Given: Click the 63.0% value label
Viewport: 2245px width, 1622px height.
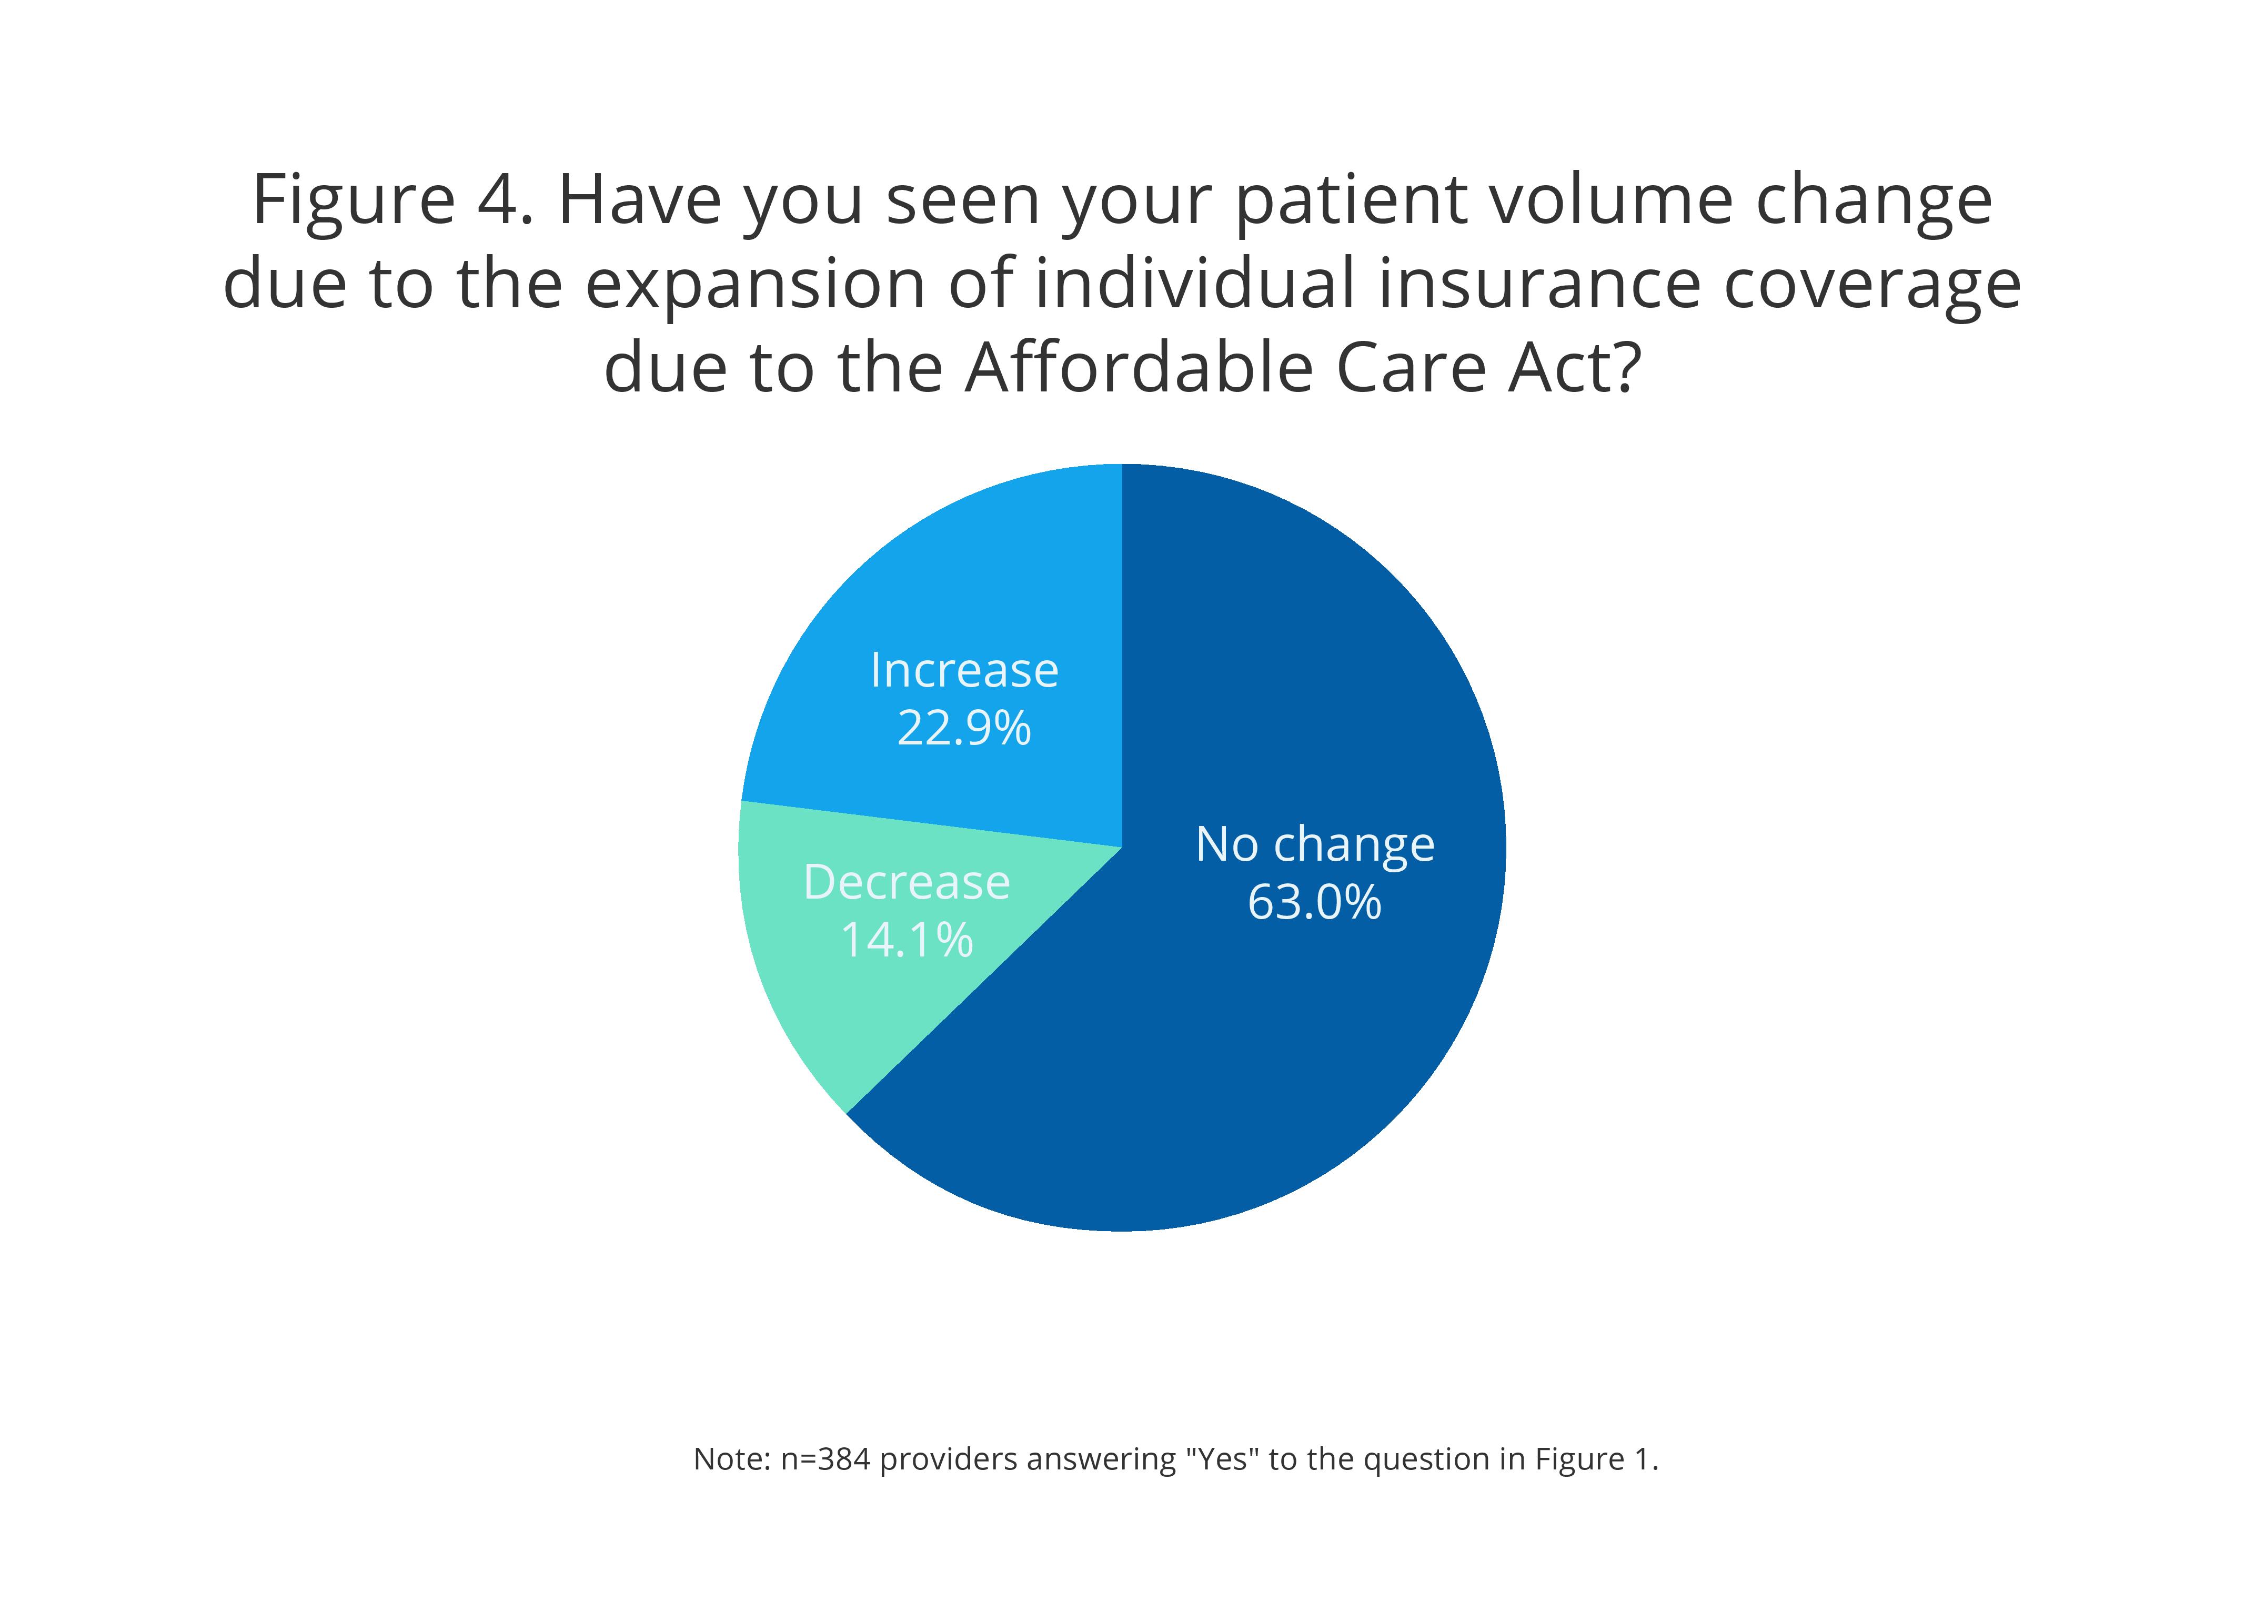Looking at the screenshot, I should (x=1314, y=902).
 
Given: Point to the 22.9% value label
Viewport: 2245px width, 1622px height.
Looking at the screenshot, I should (x=963, y=728).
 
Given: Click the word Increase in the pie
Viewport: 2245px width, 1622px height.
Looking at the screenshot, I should (x=964, y=671).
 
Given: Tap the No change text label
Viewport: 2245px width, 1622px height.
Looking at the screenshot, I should (x=1314, y=844).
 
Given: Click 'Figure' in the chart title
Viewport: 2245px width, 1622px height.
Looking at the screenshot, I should (x=354, y=200).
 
